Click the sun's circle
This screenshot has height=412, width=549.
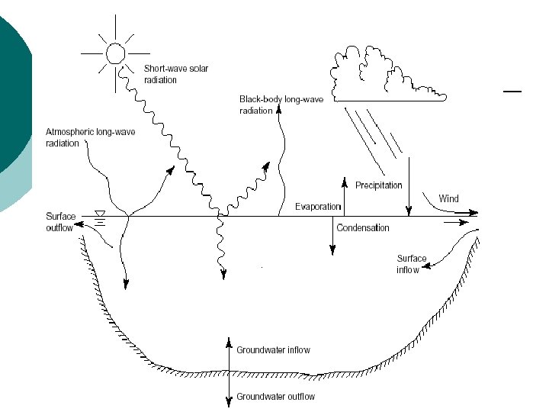coord(114,53)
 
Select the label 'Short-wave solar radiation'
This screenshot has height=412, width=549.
coord(176,74)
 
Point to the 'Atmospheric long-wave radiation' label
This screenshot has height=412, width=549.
coord(90,137)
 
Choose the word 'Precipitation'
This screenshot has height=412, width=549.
coord(378,185)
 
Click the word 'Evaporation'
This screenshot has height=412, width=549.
coord(317,208)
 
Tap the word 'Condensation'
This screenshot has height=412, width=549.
coord(363,227)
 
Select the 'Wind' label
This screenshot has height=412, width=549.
coord(448,198)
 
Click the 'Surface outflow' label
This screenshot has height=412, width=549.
coord(62,222)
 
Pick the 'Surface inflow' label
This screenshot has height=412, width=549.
coord(412,264)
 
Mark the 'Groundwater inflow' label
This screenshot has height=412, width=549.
coord(273,350)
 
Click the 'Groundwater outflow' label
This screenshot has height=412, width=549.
coord(275,397)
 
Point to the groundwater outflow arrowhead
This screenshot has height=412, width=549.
coord(229,402)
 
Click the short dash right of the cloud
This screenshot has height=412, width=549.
coord(512,92)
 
